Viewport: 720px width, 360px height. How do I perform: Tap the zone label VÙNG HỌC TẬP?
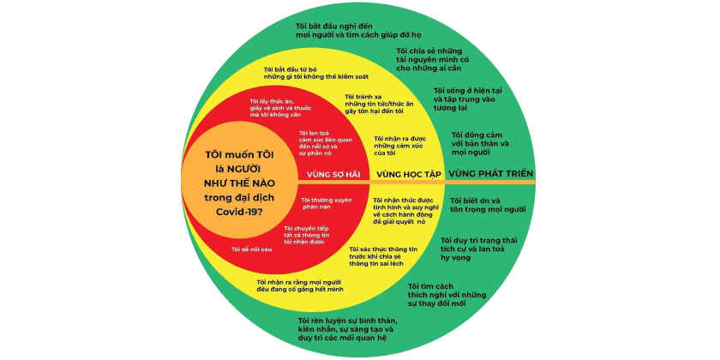[409, 175]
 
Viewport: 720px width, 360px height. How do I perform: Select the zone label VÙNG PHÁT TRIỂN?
[491, 173]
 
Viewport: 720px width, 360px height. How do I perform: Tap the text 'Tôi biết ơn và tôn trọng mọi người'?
[488, 205]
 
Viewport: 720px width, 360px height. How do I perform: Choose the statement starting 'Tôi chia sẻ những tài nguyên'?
[429, 59]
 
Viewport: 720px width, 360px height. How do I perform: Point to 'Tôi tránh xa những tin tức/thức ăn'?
[376, 104]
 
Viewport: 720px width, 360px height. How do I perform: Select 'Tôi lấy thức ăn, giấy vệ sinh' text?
[280, 108]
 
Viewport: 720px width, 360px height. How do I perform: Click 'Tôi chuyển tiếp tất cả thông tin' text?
[307, 235]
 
